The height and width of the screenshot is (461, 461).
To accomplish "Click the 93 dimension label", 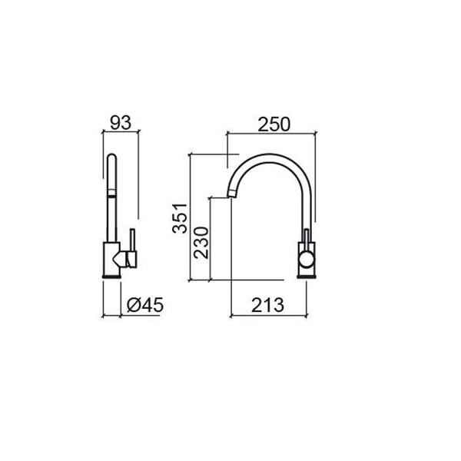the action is click(x=121, y=123).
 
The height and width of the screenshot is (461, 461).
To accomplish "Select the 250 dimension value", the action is click(x=274, y=124).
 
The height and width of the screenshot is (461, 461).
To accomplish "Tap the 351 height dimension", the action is click(x=180, y=218).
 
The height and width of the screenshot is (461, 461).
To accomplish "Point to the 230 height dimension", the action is click(x=201, y=243).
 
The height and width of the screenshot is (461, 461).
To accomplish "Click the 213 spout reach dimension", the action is click(x=267, y=305).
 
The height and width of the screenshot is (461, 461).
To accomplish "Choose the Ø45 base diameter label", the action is click(x=145, y=305).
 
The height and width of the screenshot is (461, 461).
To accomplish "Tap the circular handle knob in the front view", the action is click(x=307, y=260).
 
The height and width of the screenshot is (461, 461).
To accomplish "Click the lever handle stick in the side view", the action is click(x=132, y=240).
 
